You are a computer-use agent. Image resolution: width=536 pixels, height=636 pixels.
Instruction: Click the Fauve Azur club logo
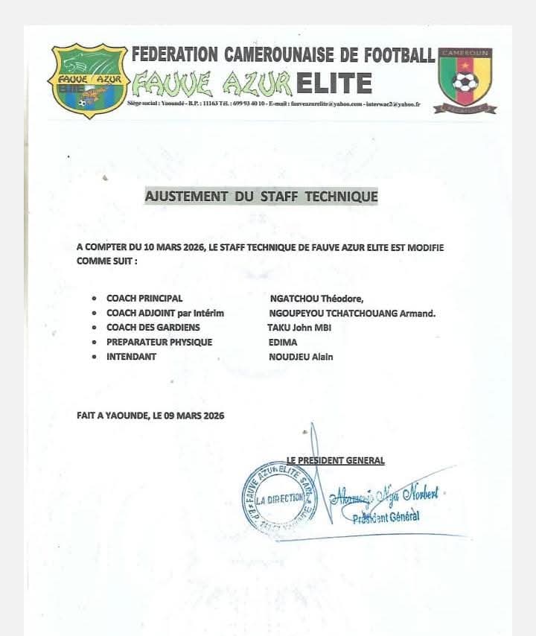88,80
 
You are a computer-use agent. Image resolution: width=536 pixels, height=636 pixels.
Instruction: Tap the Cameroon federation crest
465,80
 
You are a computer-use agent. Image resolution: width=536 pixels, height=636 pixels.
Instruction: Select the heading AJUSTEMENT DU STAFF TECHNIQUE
261,197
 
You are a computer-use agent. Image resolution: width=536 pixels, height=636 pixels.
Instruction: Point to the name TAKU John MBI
299,328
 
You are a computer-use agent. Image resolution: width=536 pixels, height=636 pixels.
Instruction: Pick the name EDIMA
283,343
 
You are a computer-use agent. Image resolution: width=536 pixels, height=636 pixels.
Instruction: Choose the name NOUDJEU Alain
301,357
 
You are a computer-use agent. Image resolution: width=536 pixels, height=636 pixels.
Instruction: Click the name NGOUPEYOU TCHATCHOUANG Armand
352,313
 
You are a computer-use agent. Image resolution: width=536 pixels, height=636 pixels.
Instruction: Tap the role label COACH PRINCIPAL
144,298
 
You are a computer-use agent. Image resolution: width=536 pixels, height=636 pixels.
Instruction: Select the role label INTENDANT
132,357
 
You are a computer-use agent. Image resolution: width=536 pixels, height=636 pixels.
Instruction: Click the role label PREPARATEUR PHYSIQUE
159,343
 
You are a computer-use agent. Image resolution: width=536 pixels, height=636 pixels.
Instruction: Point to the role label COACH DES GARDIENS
153,328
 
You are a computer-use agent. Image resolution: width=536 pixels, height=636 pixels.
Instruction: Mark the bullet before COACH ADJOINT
94,314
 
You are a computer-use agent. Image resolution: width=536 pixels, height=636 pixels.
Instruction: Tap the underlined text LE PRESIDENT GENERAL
336,460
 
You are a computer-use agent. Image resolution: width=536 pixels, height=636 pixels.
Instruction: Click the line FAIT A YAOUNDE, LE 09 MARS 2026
150,416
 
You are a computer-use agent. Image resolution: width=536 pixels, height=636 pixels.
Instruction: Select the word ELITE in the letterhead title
334,83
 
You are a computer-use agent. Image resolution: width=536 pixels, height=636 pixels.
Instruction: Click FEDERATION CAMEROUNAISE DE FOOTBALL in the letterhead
283,54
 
